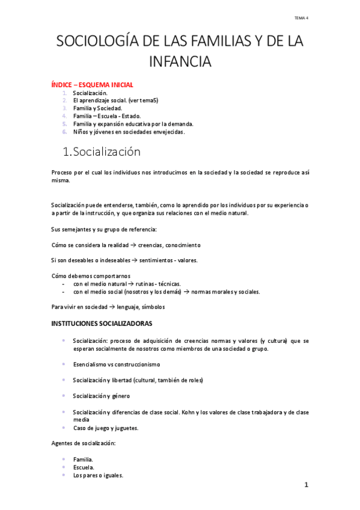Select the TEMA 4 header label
click(301, 18)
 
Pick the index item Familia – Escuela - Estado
click(106, 116)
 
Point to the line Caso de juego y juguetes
click(106, 428)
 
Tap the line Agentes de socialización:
click(83, 443)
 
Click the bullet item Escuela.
click(84, 467)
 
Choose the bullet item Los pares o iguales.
click(98, 475)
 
